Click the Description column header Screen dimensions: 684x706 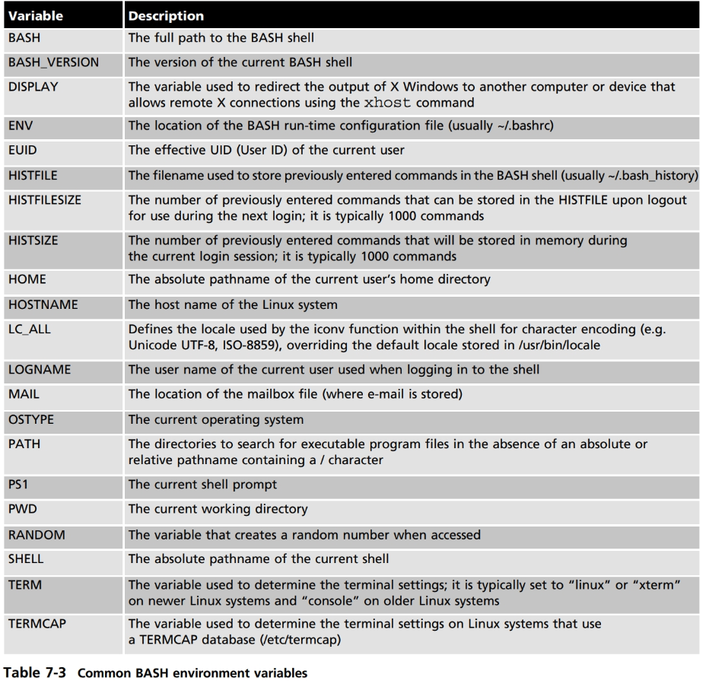pos(166,15)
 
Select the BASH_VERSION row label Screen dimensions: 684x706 pos(53,62)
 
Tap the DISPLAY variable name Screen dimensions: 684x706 pos(33,87)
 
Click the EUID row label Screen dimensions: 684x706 pos(23,150)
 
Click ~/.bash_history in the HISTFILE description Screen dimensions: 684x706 pos(652,175)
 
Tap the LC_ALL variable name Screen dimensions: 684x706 pos(30,330)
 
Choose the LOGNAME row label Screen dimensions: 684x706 pos(38,370)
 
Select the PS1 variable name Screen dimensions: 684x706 pos(18,484)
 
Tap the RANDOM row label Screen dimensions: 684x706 pos(37,534)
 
